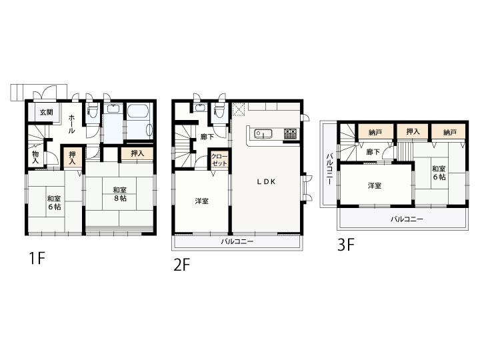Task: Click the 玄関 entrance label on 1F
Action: coord(46,112)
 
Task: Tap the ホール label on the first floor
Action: coord(71,124)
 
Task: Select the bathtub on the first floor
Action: coord(139,121)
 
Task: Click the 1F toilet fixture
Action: coord(93,111)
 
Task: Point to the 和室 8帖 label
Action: coord(119,194)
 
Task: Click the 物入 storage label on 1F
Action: coord(35,157)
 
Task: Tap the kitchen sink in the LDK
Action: coord(263,134)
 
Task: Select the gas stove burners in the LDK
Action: coord(290,133)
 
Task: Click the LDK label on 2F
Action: coord(266,181)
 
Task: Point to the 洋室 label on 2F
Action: coord(202,201)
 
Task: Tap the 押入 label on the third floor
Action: coord(413,131)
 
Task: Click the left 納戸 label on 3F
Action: coord(375,132)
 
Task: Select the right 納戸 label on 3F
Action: coord(450,132)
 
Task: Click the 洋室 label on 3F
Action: coord(375,185)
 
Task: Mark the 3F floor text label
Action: coord(346,245)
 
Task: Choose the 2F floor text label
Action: coord(182,265)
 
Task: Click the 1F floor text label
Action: coord(37,259)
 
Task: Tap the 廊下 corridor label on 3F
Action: coord(373,151)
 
